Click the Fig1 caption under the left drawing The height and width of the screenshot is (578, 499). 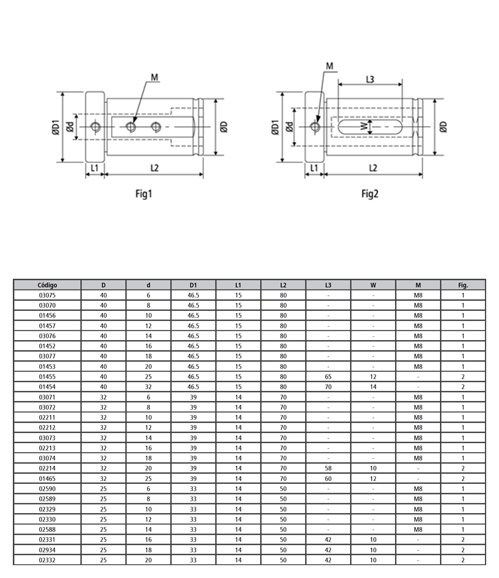(143, 194)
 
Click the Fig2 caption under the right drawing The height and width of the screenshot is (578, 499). (370, 194)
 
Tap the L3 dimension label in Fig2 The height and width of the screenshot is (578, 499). (370, 79)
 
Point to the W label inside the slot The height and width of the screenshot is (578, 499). (364, 126)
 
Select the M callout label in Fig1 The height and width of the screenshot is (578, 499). (154, 77)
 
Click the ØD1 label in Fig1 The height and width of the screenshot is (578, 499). (56, 127)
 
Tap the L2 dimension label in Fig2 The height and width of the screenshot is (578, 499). (373, 168)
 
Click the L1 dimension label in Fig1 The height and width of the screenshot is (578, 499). (95, 168)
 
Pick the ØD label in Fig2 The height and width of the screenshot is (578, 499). (443, 127)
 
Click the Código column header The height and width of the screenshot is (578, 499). (47, 285)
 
